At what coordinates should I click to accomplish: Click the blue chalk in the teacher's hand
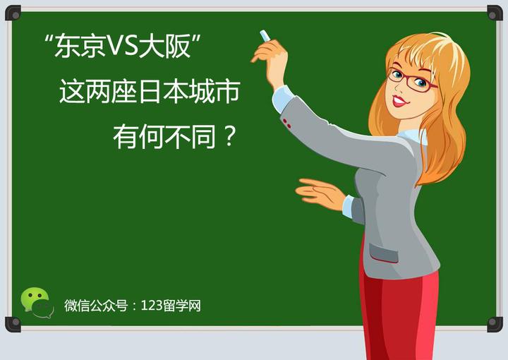(x=265, y=35)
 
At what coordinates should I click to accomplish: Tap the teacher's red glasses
(x=413, y=79)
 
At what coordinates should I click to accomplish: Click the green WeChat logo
(x=36, y=303)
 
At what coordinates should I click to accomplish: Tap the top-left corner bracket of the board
(x=13, y=13)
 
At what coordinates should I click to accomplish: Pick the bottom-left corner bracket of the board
(x=13, y=324)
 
